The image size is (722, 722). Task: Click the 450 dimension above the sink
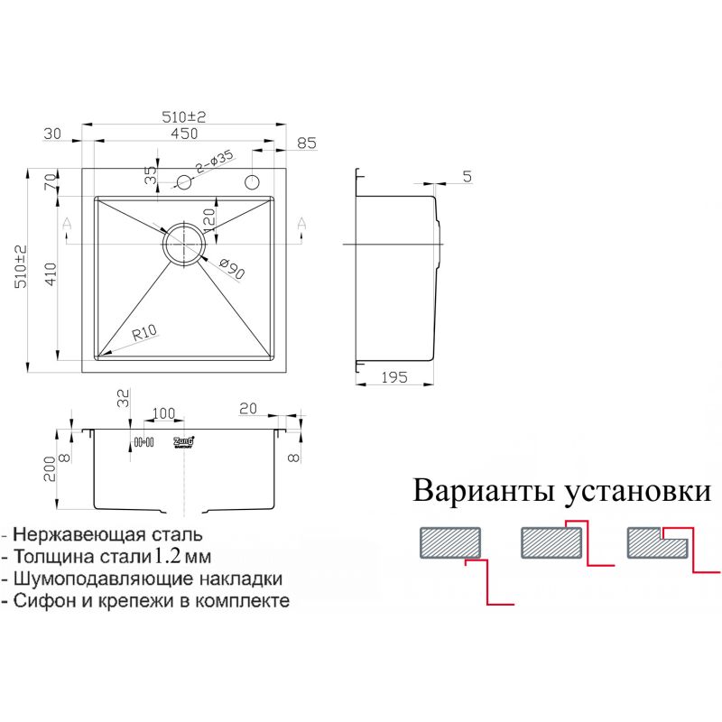coord(184,134)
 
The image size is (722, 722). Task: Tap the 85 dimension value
coord(306,142)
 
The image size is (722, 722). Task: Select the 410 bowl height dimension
coord(52,273)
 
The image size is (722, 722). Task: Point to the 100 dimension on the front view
coord(163,413)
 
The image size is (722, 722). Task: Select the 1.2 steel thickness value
coord(171,555)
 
